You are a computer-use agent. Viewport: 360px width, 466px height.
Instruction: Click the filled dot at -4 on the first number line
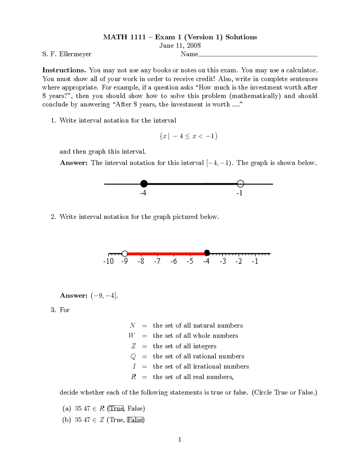point(144,184)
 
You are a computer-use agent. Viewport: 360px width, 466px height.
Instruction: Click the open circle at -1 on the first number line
point(240,184)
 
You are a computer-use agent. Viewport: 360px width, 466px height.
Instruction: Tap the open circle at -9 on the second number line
point(125,254)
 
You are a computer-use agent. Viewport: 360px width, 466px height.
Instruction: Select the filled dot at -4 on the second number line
point(207,253)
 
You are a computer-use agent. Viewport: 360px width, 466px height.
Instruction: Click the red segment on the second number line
point(166,254)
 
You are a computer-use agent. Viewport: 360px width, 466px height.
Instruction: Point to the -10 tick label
point(108,261)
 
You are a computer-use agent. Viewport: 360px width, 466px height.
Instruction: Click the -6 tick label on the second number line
point(174,261)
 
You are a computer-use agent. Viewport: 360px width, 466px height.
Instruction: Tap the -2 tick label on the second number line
point(238,261)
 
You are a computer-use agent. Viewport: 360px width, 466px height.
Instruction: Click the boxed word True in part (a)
point(116,408)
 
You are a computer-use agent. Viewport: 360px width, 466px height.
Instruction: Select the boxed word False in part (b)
point(135,420)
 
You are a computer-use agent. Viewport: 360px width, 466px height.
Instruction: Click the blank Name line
point(258,55)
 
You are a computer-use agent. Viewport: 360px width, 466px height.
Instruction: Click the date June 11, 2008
point(180,46)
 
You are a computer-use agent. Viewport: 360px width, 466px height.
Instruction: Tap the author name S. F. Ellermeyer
point(67,54)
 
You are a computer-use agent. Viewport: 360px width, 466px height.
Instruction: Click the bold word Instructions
point(64,70)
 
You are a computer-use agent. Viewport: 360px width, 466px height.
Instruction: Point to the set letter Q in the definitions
point(133,357)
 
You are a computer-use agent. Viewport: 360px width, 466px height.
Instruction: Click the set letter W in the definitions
point(132,335)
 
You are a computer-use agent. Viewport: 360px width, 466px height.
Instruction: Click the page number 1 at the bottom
point(180,440)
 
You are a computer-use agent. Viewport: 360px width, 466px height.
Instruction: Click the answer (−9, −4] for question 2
point(104,295)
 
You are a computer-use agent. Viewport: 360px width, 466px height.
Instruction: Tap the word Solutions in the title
point(241,37)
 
